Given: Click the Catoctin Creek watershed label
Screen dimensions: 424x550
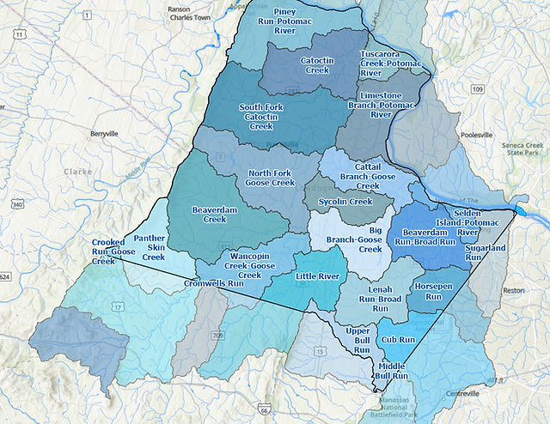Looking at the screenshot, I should tap(318, 65).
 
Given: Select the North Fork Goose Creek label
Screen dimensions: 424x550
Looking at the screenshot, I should tap(271, 178).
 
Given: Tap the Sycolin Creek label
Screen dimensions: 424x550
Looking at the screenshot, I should tap(345, 202).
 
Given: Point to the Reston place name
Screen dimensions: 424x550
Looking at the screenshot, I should tap(514, 290).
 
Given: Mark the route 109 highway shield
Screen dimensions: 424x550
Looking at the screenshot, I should tap(478, 89).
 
